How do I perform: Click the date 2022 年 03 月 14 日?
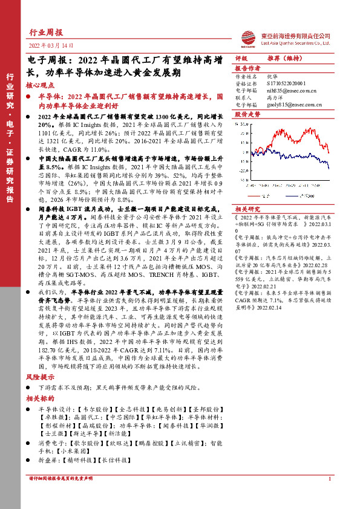[x=51, y=46]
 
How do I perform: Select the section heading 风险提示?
[x=39, y=377]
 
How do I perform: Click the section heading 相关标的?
[x=39, y=399]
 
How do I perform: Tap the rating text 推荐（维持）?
[x=286, y=59]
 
